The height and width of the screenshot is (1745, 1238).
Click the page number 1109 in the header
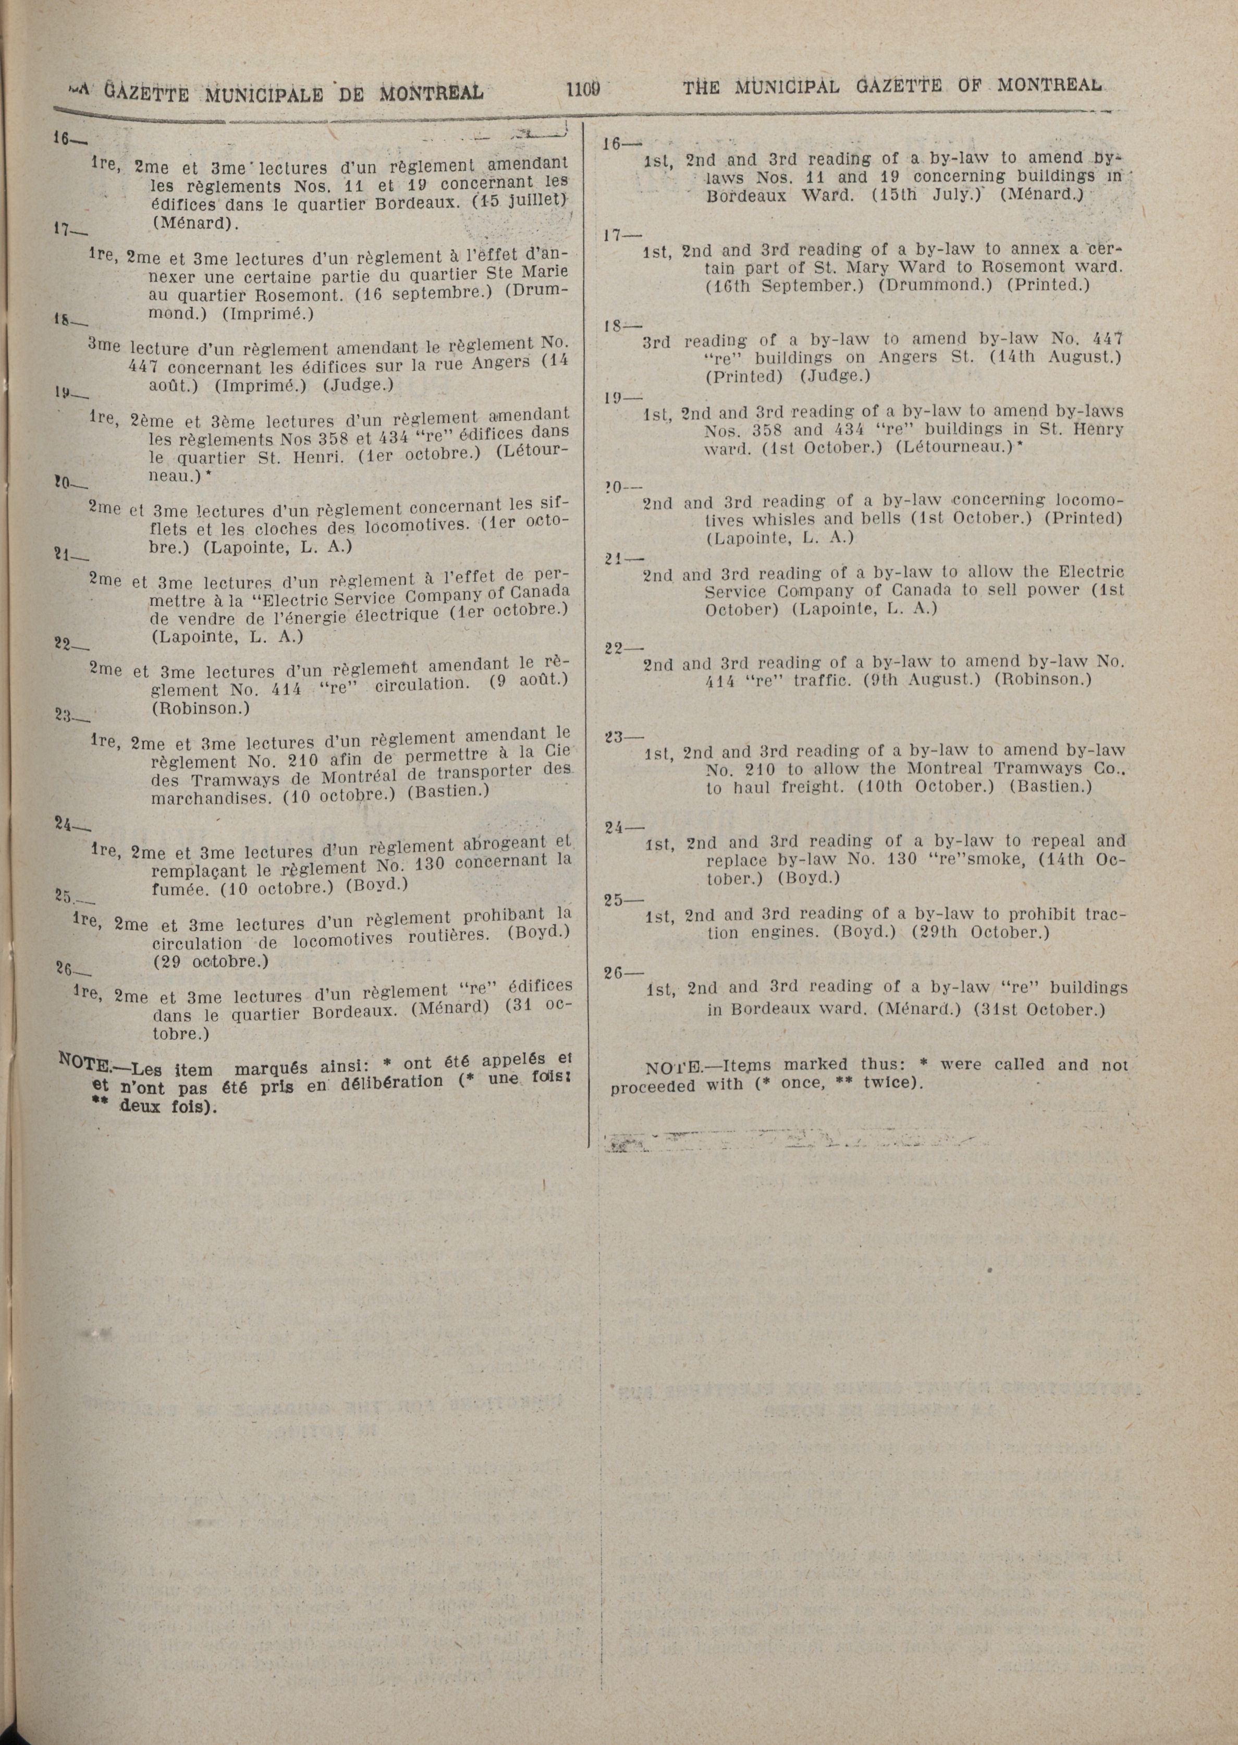click(584, 89)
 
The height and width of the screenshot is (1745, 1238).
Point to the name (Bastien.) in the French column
click(447, 791)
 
